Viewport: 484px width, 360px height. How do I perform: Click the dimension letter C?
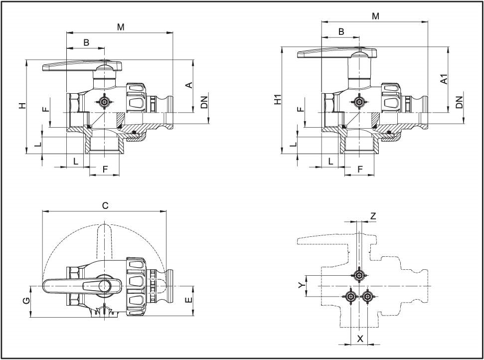[105, 205]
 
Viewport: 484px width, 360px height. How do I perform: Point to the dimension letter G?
[25, 301]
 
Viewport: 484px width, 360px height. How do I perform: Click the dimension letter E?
[188, 300]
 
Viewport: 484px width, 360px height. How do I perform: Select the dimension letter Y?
[301, 286]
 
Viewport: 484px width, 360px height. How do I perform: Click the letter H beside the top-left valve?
[21, 106]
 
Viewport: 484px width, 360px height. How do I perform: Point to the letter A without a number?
[189, 85]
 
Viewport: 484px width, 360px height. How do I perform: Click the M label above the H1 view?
[375, 16]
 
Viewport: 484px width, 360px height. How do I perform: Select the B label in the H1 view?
[341, 32]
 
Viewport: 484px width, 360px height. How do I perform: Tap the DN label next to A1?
[459, 102]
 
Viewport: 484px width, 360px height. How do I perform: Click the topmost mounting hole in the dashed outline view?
[359, 275]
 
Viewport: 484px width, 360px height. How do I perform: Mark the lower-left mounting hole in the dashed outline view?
[351, 297]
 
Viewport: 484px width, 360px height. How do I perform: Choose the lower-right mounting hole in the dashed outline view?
[367, 297]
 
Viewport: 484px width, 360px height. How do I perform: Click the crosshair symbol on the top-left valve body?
[104, 102]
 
